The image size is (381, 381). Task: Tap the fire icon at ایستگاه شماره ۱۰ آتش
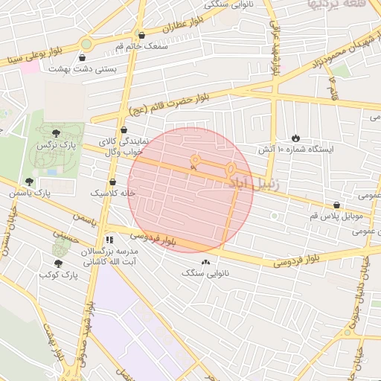295,138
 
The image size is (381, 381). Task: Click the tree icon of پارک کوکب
58,263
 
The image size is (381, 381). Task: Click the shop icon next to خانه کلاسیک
112,182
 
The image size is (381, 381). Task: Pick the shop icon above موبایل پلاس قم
337,205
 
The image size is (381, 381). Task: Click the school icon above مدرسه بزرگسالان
109,240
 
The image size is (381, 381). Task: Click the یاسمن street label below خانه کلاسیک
86,220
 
